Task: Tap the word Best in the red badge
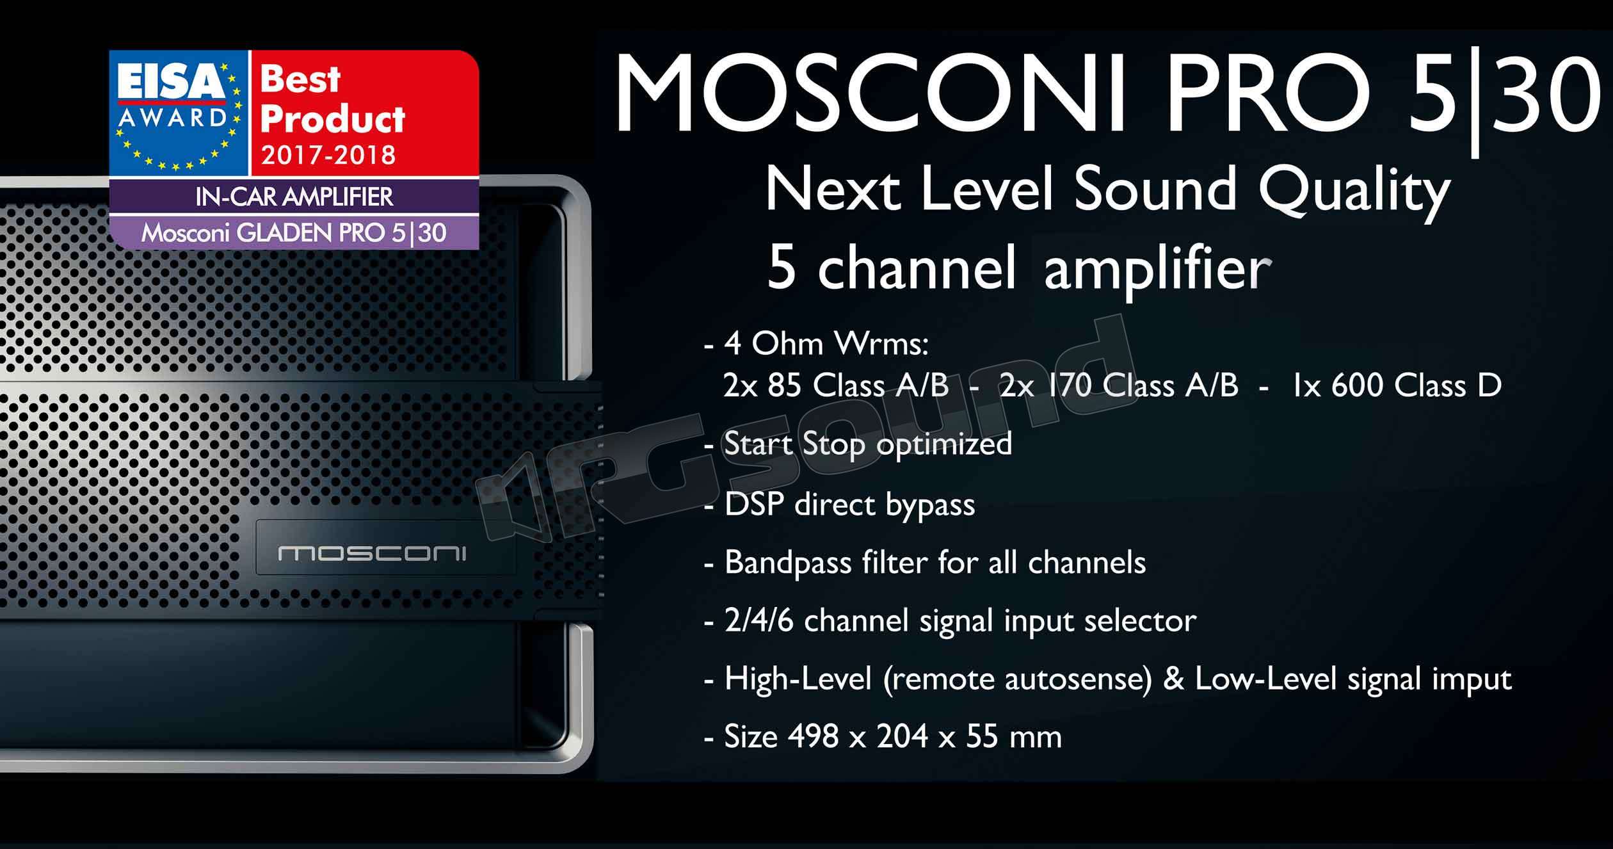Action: (300, 79)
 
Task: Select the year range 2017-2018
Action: (328, 155)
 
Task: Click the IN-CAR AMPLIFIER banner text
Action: (294, 197)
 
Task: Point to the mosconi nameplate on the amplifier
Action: (373, 553)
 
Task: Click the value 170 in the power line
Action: (1069, 386)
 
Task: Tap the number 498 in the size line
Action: (813, 737)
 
